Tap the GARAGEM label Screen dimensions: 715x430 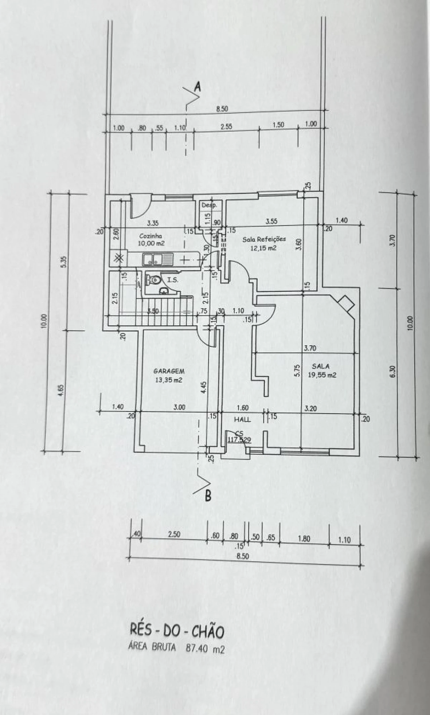[169, 371]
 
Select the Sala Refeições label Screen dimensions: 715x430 [264, 239]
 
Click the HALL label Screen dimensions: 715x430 [243, 420]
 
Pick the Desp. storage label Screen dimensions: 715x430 [209, 205]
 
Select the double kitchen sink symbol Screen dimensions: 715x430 [153, 259]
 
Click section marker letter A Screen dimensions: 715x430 [198, 88]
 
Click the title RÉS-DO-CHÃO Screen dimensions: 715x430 [176, 632]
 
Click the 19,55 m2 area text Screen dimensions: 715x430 [322, 375]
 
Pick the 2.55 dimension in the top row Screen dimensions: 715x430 [227, 127]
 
